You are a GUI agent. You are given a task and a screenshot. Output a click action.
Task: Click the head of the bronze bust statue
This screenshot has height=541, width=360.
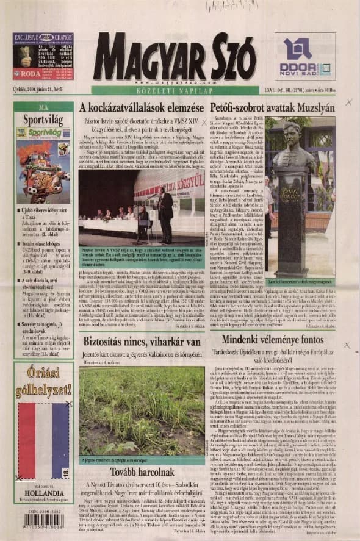pyautogui.click(x=291, y=141)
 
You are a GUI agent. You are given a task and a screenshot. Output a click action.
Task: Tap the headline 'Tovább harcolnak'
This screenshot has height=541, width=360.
pyautogui.click(x=142, y=473)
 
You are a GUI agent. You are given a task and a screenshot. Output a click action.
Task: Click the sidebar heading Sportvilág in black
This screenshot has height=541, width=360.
pyautogui.click(x=43, y=118)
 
